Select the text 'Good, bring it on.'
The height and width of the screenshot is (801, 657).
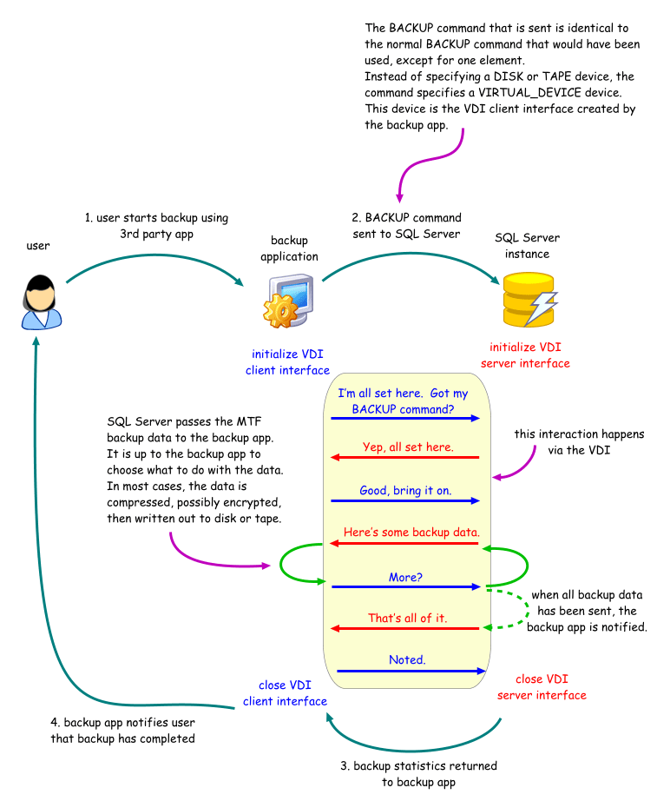405,491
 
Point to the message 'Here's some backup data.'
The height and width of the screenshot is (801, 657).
411,532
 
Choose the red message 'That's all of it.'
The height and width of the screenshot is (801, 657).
407,618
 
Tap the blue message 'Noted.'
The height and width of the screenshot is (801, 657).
407,659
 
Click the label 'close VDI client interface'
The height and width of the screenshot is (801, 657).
285,693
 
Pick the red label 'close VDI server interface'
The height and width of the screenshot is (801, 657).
541,687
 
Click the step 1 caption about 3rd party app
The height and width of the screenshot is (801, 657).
156,226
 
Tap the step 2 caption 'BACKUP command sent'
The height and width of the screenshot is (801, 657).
406,226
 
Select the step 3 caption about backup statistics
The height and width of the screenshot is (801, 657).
417,773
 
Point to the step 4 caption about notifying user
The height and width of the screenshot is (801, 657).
122,731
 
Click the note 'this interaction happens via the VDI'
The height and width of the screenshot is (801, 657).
579,441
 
